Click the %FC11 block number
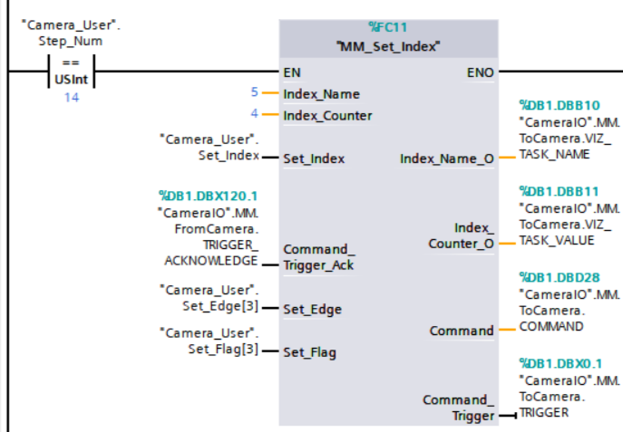coord(388,26)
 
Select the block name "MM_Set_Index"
coord(388,46)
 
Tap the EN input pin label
coord(292,70)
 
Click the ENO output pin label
coord(481,70)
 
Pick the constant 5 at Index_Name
coord(255,92)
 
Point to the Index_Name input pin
coord(321,93)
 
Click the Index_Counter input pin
coord(327,116)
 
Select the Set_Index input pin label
coord(314,158)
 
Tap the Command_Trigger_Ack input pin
coord(318,256)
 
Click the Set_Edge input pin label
coord(312,309)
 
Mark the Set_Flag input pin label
coord(309,352)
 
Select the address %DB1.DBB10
coord(559,105)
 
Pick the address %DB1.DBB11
coord(559,191)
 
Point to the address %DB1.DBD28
coord(559,276)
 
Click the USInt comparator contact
coord(70,71)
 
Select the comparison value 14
coord(71,97)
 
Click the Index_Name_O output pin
coord(447,158)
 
